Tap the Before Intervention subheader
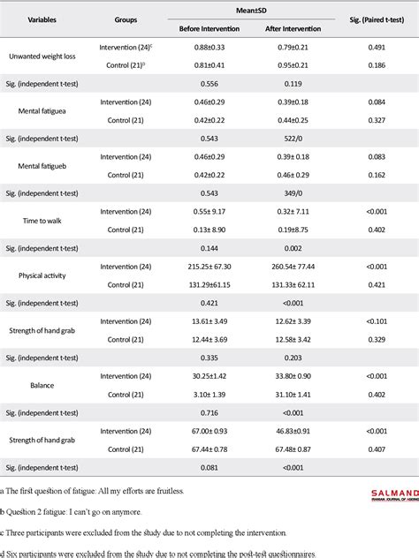pyautogui.click(x=211, y=27)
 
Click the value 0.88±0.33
pyautogui.click(x=211, y=47)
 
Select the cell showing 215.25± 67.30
pyautogui.click(x=211, y=265)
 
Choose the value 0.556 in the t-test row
pyautogui.click(x=211, y=84)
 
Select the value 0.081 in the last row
pyautogui.click(x=211, y=466)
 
